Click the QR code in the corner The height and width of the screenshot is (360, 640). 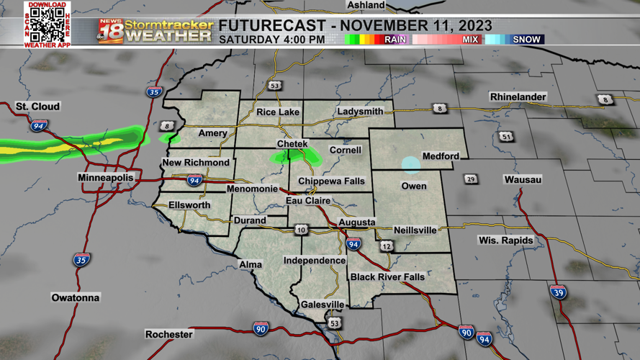pos(48,25)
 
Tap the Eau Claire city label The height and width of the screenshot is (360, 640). pos(308,201)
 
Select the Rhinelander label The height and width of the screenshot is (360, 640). pos(518,96)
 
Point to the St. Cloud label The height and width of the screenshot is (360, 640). pos(37,107)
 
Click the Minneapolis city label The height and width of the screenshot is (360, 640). pos(106,177)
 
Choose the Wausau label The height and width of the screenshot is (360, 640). pos(523,179)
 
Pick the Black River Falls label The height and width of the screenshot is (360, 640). pos(387,277)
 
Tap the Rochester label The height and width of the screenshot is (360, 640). pos(169,334)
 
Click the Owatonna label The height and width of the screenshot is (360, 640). pos(76,297)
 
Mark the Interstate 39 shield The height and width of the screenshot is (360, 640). pos(558,292)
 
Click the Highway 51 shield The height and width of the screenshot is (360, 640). pos(507,137)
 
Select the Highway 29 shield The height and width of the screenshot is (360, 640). pos(471,179)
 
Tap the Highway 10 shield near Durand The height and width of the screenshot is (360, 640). pos(301,230)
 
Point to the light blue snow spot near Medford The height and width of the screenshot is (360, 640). pos(410,165)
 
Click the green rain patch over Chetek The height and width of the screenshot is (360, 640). pos(295,155)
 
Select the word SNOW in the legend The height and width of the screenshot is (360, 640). pos(526,40)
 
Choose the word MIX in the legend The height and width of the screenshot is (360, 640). pos(470,40)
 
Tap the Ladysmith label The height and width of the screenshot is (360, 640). pos(360,112)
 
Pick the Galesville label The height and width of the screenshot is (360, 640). pos(323,305)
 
